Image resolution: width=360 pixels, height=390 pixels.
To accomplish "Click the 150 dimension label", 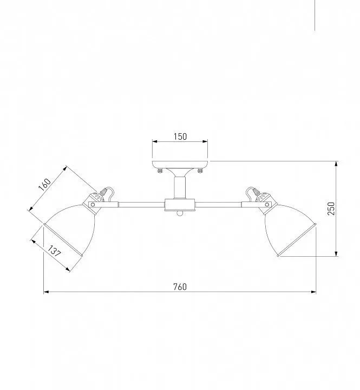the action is tap(180, 136).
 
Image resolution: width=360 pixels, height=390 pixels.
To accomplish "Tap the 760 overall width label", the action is tap(180, 287).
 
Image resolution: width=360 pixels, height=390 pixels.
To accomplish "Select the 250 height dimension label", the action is tap(331, 209).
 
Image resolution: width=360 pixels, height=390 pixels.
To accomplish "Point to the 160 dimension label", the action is tap(45, 185).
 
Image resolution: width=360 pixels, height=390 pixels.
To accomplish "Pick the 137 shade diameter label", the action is tap(54, 251).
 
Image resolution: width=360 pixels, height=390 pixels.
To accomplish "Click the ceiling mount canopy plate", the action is tap(180, 164).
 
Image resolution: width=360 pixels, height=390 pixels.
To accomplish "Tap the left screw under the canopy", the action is tap(160, 171).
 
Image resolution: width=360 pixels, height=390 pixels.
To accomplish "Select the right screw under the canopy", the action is tap(200, 171).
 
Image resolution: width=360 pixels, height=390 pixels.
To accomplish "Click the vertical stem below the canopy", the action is tap(180, 187).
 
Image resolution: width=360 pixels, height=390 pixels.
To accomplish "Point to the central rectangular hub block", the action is tap(180, 205).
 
